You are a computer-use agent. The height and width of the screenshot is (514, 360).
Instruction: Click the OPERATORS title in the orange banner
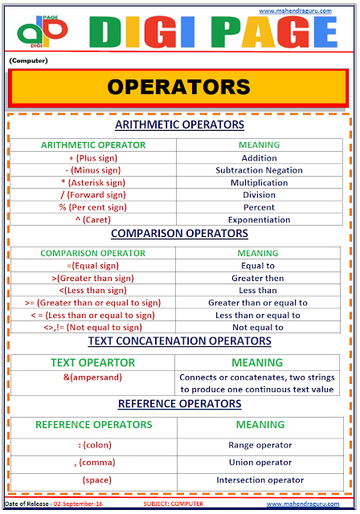(179, 87)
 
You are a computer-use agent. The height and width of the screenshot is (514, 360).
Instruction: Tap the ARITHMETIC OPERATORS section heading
(179, 124)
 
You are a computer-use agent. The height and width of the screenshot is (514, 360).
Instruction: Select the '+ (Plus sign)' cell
(93, 157)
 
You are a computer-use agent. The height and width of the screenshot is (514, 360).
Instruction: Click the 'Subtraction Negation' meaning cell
(259, 170)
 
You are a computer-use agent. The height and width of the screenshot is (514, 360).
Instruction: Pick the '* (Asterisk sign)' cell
(93, 182)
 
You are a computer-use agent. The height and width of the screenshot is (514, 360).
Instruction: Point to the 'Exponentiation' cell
(259, 219)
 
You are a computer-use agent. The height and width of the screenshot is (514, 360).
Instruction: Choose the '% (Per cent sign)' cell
(93, 207)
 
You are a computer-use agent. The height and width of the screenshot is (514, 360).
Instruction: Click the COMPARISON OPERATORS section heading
(179, 234)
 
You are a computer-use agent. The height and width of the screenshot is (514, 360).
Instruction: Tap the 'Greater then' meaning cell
(259, 278)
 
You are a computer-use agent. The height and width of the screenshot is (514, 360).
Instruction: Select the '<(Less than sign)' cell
(93, 290)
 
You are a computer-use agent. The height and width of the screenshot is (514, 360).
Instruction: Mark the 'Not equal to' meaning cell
(259, 327)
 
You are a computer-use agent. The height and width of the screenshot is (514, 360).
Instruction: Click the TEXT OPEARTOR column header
(93, 362)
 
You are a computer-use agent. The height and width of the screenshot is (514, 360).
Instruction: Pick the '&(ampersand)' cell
(93, 377)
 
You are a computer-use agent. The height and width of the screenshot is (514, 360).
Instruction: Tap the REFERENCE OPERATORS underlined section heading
(179, 403)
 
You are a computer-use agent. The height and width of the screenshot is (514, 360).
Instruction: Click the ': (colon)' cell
(93, 443)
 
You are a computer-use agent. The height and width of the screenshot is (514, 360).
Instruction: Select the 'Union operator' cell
(259, 462)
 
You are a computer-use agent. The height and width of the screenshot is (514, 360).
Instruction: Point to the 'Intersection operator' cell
(259, 480)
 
